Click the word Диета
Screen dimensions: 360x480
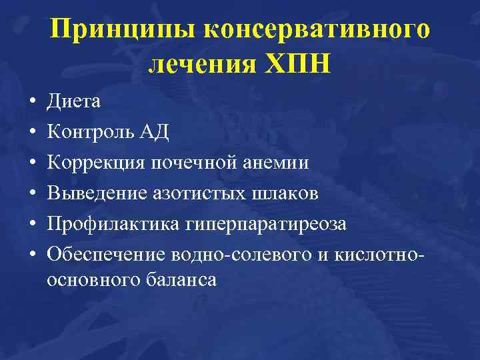[74, 102]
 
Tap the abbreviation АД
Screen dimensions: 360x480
[153, 133]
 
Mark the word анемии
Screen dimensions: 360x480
[276, 163]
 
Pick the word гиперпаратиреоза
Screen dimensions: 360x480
[262, 225]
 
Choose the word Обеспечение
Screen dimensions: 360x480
[106, 255]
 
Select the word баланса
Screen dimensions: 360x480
[179, 281]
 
